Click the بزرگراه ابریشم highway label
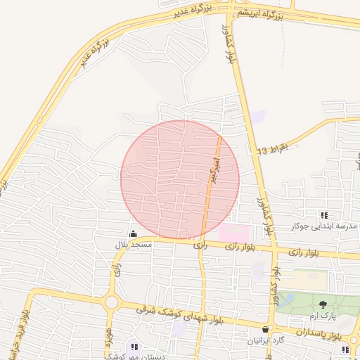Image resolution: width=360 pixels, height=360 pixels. pos(259,14)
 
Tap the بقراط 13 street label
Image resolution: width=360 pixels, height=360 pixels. pos(273,150)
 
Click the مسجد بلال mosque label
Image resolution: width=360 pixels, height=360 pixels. pos(134,244)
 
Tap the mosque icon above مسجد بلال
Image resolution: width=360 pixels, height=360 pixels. pos(134,233)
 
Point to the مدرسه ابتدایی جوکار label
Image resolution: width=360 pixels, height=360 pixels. pos(325,226)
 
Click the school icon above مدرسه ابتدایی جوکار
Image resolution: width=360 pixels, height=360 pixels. pos(323,215)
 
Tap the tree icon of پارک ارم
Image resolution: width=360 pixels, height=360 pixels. pos(323,305)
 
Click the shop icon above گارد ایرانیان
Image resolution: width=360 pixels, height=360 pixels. pos(264,329)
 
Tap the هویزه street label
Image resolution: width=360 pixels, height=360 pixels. pos(110,338)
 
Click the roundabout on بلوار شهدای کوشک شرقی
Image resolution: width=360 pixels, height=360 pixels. pos(110,302)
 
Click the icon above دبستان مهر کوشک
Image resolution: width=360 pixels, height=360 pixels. pos(134,346)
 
